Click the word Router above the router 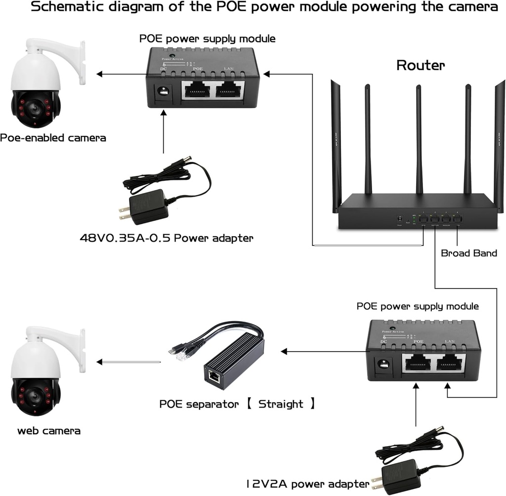click(421, 65)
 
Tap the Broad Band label click(468, 253)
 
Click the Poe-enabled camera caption click(53, 138)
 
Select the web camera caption click(49, 430)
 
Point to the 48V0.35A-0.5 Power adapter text click(167, 238)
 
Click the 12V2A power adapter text click(308, 483)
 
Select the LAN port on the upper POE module click(229, 89)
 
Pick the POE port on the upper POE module click(197, 89)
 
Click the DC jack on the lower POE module click(383, 365)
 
